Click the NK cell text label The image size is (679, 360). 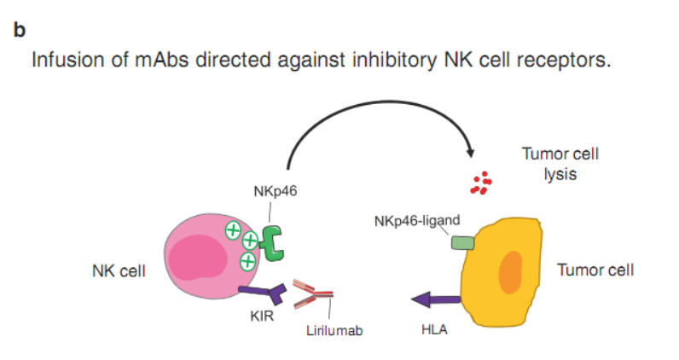click(x=119, y=271)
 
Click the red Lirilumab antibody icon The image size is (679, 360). click(x=312, y=295)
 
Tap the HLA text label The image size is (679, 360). click(x=435, y=327)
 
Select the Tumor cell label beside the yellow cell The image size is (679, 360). click(x=595, y=270)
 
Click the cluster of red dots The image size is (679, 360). click(x=482, y=183)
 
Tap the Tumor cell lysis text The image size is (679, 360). click(x=561, y=164)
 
